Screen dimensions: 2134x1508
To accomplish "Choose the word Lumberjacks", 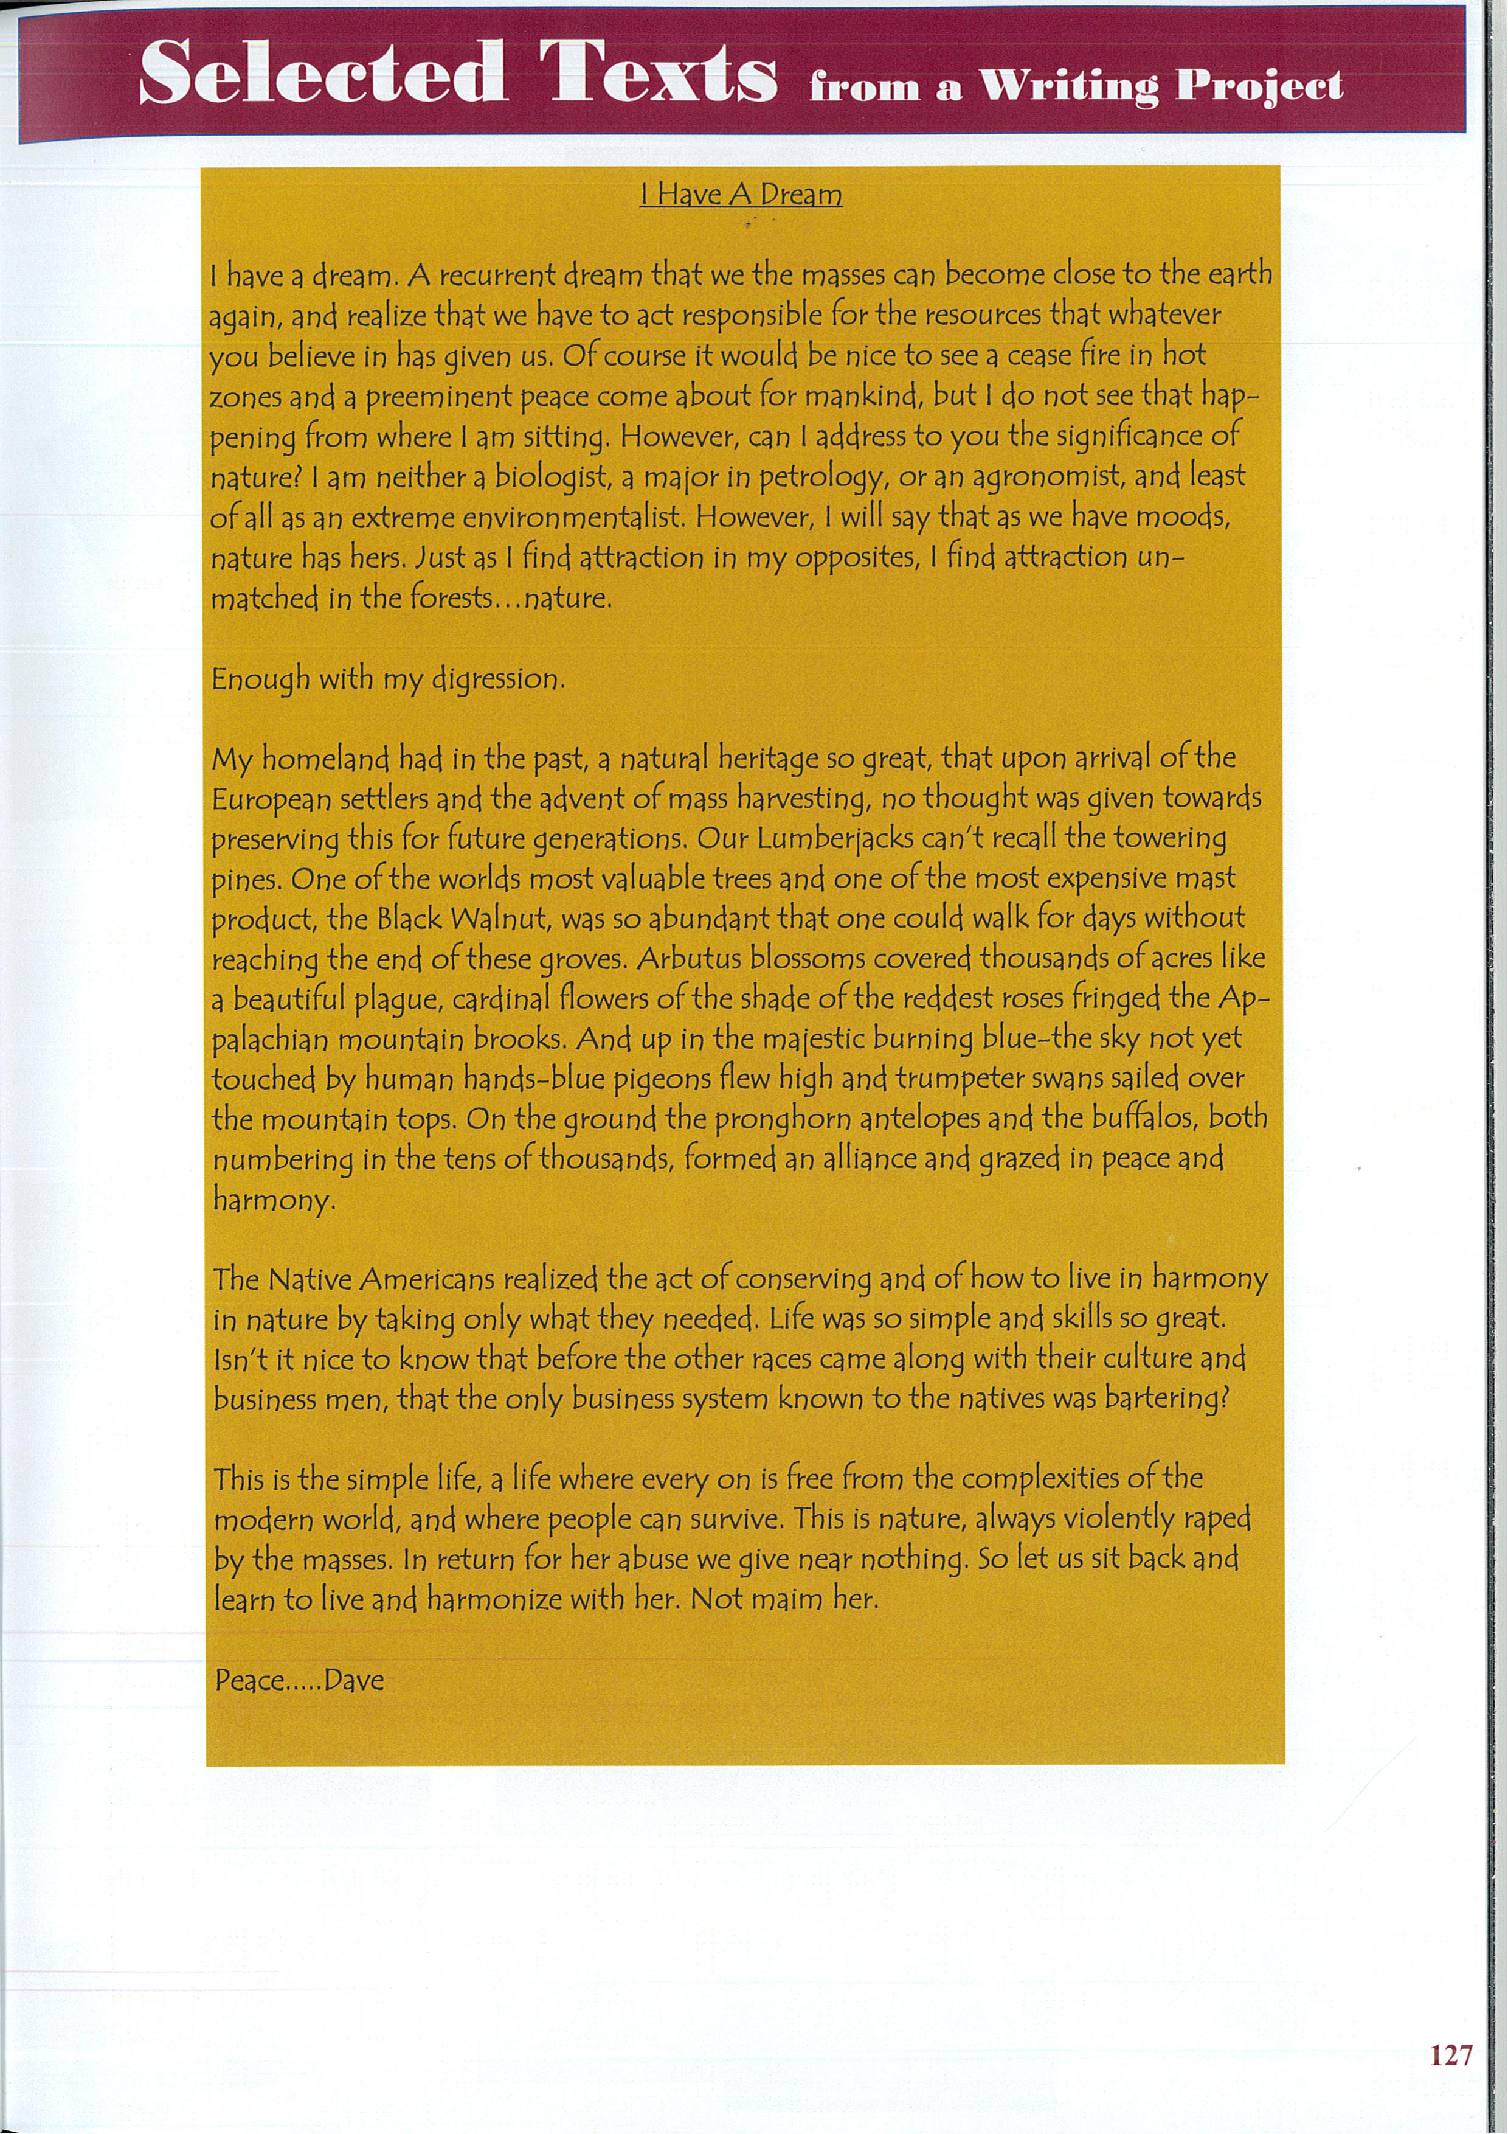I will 835,839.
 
